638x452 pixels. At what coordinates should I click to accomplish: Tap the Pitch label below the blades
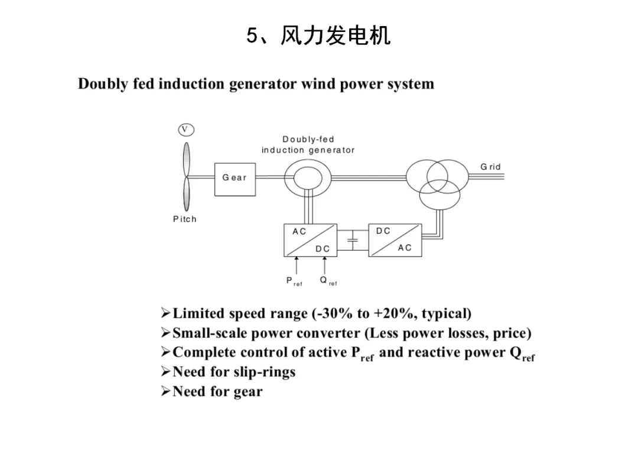[185, 219]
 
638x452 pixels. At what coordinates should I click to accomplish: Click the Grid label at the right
[490, 167]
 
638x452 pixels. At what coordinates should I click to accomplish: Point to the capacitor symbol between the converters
[352, 240]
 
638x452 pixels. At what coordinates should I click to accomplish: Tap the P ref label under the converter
[294, 281]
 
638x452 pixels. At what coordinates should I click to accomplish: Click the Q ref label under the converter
[328, 281]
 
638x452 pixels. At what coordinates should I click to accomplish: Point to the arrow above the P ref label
[297, 265]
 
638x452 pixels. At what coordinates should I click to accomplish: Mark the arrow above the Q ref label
[325, 265]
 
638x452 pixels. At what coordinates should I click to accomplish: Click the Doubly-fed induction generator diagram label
[308, 145]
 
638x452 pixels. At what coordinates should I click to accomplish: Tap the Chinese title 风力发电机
[336, 35]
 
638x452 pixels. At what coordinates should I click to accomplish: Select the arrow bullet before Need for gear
[165, 391]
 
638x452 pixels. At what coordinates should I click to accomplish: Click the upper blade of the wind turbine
[186, 159]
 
